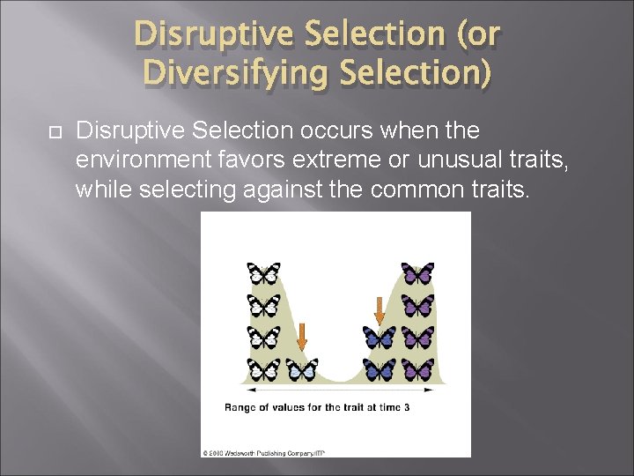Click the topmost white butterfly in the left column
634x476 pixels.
pos(264,273)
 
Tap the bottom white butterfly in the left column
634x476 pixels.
pos(264,369)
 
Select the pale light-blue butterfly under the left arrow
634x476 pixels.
pos(302,369)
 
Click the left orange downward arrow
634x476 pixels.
pos(301,336)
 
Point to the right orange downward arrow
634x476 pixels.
pos(380,310)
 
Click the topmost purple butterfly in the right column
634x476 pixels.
pos(417,273)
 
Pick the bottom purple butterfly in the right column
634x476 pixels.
pos(417,369)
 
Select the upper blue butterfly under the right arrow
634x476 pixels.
pos(380,337)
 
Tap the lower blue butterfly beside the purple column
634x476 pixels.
pos(380,369)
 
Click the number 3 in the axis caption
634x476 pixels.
pos(406,407)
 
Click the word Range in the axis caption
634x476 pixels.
pos(240,407)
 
